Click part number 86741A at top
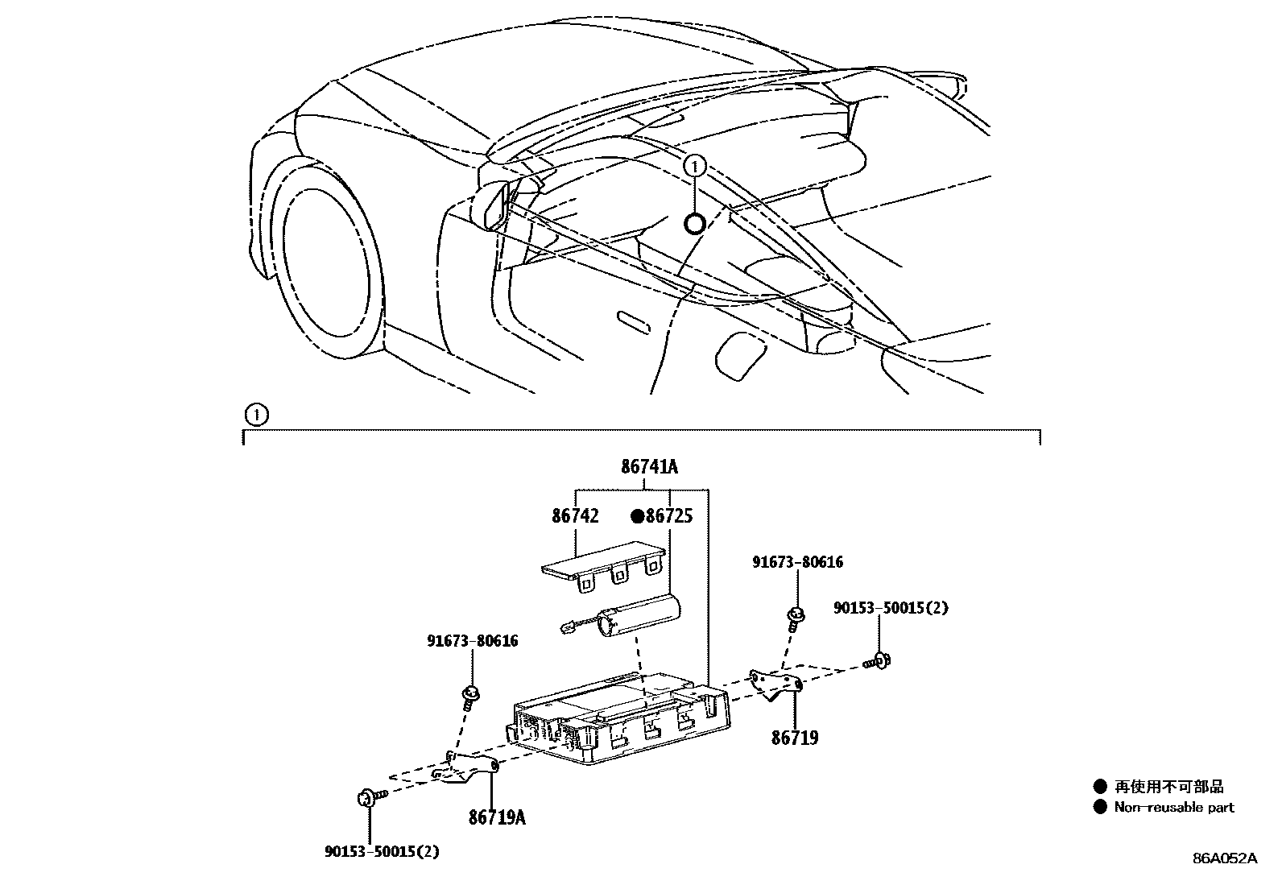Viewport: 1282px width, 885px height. (649, 466)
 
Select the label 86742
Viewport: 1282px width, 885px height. (575, 516)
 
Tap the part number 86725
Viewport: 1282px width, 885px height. (669, 516)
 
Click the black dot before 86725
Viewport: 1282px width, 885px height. (637, 516)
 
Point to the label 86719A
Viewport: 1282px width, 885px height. (497, 818)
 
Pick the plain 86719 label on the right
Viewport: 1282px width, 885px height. (795, 738)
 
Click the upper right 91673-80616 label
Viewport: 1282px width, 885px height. (797, 562)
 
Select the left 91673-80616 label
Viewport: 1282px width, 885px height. (472, 641)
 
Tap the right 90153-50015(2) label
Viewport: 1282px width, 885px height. (891, 608)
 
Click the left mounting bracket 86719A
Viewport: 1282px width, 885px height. (467, 769)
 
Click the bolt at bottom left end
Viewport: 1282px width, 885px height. (366, 798)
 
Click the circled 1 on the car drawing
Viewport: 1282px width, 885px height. (694, 167)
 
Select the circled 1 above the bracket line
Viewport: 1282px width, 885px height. (254, 416)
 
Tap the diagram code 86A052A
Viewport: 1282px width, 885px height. (1224, 858)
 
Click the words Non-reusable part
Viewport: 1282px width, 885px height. (1173, 807)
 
